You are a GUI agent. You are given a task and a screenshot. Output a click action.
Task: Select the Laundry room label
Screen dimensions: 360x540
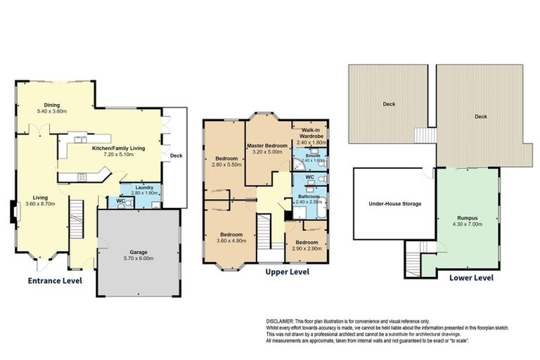(141, 186)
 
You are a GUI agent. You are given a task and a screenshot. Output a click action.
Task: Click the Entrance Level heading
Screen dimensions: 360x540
(55, 281)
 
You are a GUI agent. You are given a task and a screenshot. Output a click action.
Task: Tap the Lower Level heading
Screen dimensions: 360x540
(471, 277)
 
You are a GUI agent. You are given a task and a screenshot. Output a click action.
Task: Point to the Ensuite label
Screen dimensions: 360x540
(312, 155)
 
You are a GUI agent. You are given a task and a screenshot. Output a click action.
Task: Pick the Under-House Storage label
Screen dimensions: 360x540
(395, 204)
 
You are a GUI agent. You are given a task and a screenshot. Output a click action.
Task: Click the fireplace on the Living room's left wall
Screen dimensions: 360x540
(13, 211)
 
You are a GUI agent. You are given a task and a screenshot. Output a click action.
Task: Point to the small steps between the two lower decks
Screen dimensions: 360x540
(423, 134)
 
